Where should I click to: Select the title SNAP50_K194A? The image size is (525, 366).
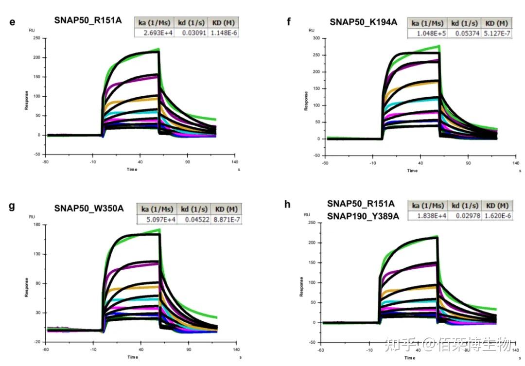tap(363, 22)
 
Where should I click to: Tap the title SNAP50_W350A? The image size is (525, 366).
tap(89, 209)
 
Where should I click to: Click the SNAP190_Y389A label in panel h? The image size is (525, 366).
tap(363, 216)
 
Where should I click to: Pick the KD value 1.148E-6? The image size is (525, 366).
tap(223, 33)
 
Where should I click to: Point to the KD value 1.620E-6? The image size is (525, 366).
tap(496, 216)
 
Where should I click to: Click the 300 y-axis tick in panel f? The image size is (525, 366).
tap(316, 38)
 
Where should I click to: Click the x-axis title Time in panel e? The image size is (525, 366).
tap(132, 169)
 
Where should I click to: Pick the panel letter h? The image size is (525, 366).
tap(288, 205)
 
